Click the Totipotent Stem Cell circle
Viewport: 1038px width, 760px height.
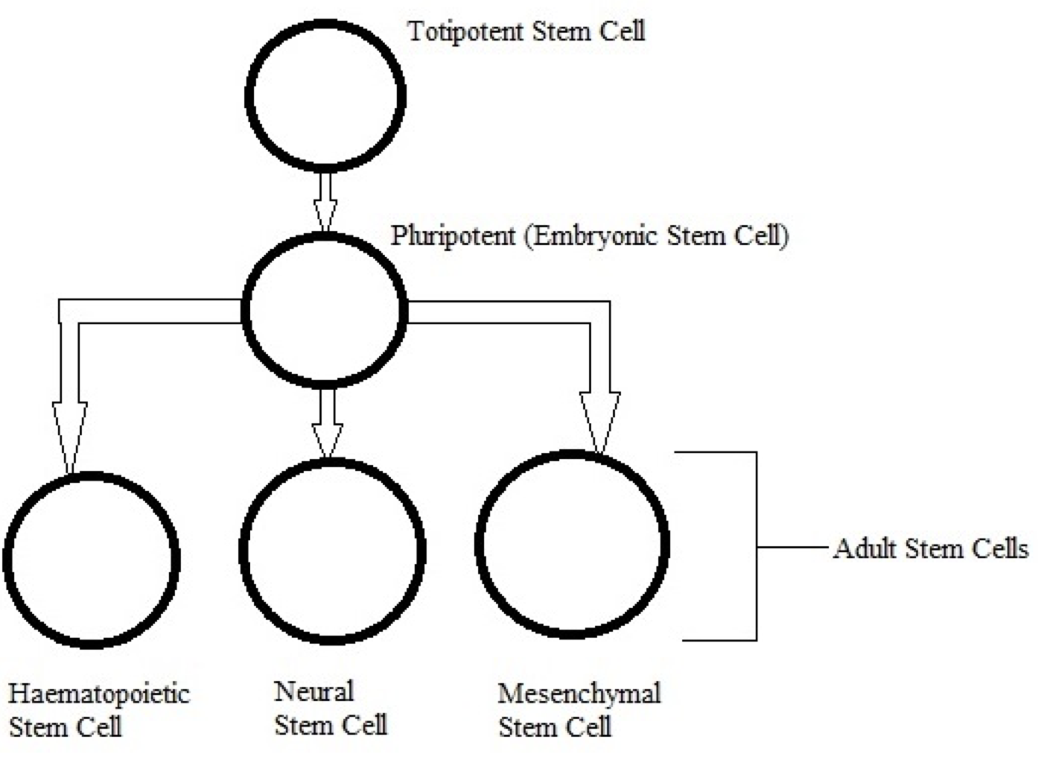point(325,95)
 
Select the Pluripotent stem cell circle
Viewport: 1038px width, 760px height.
point(325,310)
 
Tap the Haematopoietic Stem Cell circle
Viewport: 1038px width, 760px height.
point(92,560)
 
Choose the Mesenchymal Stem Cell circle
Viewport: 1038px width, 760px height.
point(572,544)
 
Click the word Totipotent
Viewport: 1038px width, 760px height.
point(465,31)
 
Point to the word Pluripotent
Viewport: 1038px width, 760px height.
point(453,236)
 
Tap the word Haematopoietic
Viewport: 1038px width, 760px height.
point(99,694)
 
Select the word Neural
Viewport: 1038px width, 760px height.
point(313,692)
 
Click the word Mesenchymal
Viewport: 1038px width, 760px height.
point(579,694)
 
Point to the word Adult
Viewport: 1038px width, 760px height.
point(864,549)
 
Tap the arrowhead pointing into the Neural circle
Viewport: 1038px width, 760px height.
point(327,440)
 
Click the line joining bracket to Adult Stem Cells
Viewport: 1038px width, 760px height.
point(793,548)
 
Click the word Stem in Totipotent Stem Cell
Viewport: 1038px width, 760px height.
point(557,31)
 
